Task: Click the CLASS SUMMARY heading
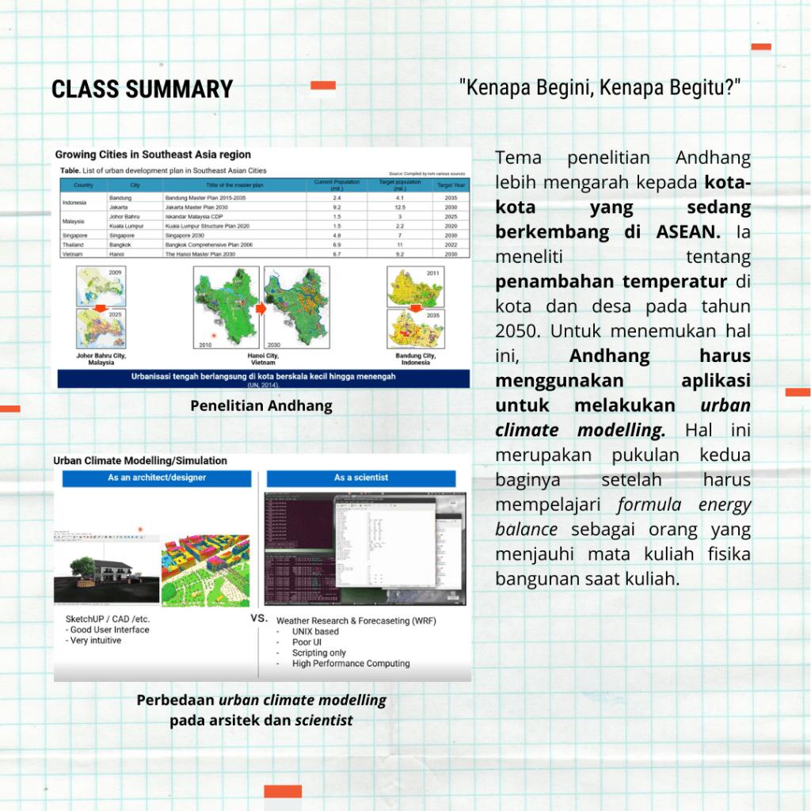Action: point(142,89)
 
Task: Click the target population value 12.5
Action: point(399,206)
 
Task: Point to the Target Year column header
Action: point(451,185)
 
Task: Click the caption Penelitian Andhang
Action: point(261,405)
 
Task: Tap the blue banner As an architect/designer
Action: point(157,478)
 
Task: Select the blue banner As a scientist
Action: point(361,478)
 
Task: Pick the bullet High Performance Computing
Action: point(351,664)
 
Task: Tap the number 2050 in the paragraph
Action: point(518,330)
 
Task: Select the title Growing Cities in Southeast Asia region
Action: point(153,154)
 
